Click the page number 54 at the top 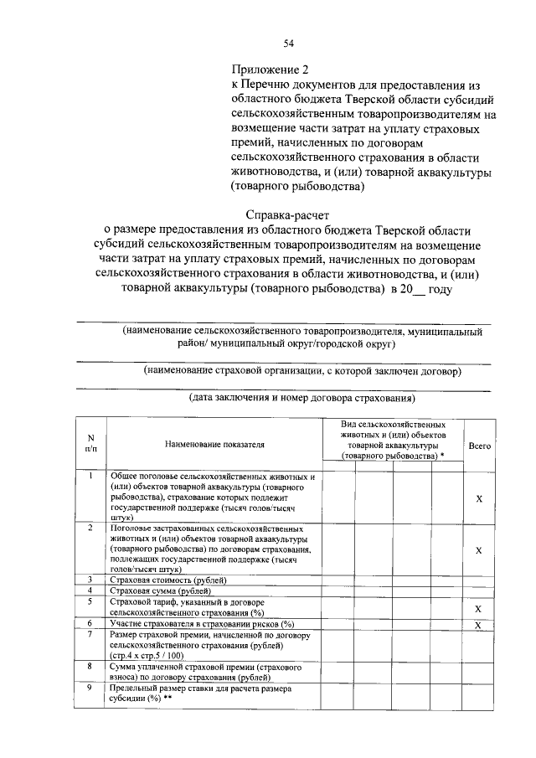click(288, 44)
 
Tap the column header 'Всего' click(479, 446)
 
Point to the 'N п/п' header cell click(90, 442)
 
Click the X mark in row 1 click(479, 498)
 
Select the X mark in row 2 click(479, 550)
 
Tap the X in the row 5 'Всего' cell click(479, 608)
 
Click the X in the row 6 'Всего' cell click(479, 625)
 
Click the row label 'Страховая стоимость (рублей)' click(168, 580)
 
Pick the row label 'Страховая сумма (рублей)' click(162, 590)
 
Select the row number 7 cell click(90, 634)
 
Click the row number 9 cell click(90, 687)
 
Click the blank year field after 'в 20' click(419, 290)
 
